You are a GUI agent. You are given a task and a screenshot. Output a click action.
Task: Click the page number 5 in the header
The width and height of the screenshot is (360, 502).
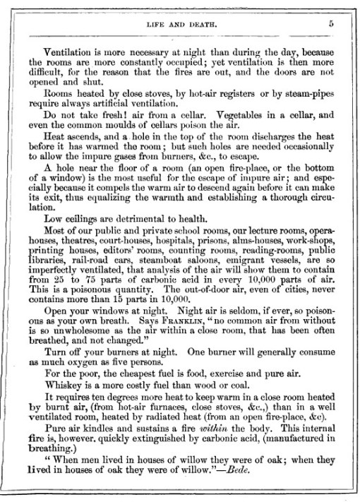coord(330,23)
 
